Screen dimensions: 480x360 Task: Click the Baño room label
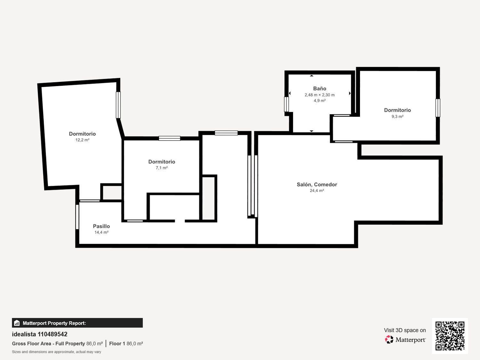click(319, 89)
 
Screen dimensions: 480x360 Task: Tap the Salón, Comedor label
click(317, 185)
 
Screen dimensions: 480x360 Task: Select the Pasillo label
click(101, 226)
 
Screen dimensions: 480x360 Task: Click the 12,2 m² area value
click(82, 140)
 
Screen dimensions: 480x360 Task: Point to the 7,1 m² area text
click(162, 168)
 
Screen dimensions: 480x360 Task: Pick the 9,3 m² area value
click(397, 116)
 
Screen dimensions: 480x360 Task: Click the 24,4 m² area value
click(317, 191)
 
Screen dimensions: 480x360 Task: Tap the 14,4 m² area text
click(101, 232)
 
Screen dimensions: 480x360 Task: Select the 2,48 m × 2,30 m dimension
click(319, 95)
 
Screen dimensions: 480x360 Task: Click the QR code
click(450, 336)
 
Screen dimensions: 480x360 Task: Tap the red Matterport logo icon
click(389, 340)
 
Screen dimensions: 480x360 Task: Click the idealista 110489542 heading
click(40, 334)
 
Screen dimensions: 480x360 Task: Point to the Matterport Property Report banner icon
click(17, 323)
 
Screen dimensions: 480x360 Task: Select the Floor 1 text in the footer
click(117, 344)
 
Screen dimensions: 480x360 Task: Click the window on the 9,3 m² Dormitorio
click(438, 108)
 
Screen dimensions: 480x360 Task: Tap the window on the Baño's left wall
click(286, 104)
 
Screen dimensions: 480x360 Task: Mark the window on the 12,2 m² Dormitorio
click(118, 105)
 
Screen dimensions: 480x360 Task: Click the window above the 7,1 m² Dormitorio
click(170, 138)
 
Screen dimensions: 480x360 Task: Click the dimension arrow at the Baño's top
click(312, 76)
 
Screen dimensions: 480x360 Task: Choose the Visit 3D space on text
click(405, 330)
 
